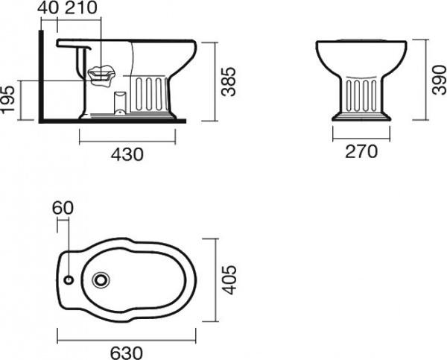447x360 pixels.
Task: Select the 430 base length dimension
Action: click(x=127, y=154)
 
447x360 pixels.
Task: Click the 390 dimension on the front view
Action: click(x=438, y=79)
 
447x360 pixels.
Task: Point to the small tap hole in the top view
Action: click(x=69, y=281)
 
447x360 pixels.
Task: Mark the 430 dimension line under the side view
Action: click(x=127, y=141)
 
